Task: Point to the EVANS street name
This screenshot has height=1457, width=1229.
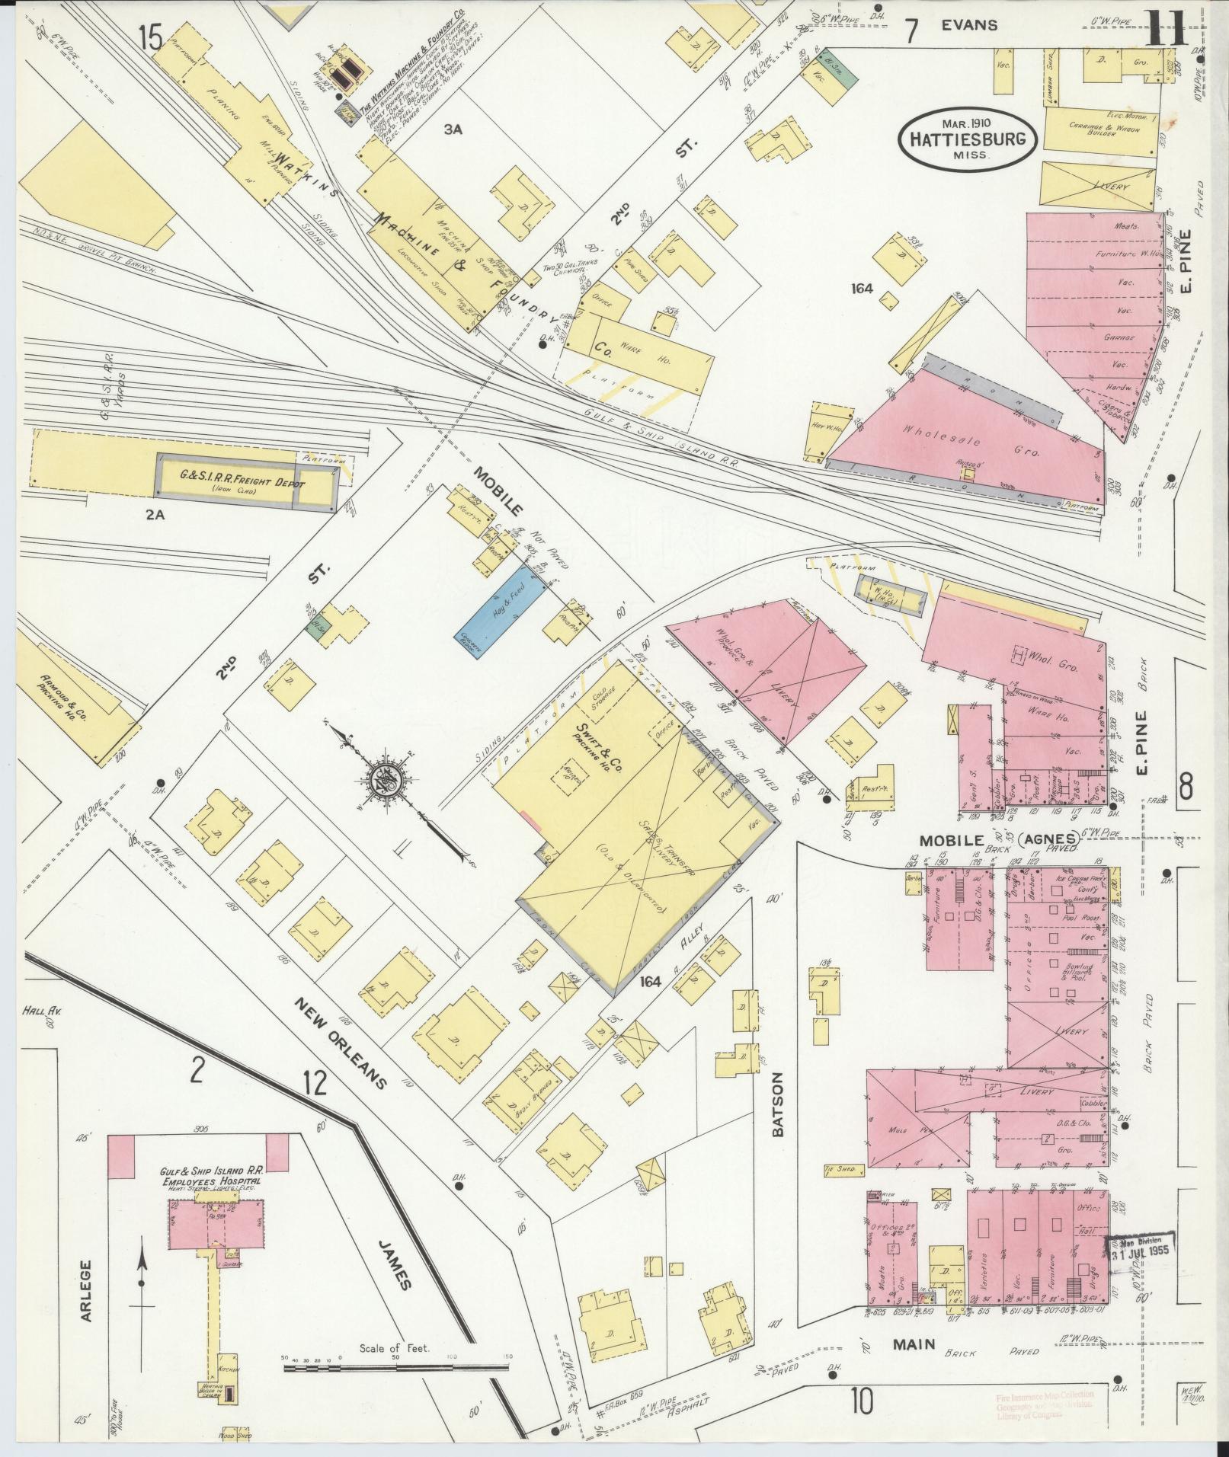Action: [x=968, y=25]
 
